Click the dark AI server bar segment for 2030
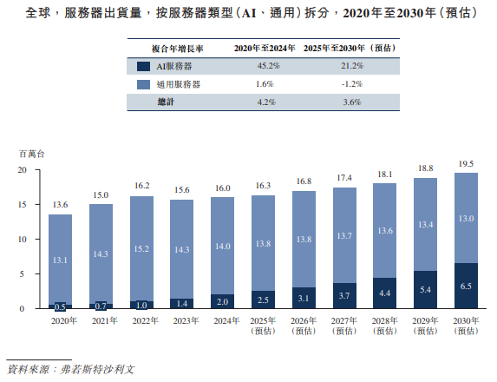coord(466,286)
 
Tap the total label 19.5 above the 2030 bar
coord(466,163)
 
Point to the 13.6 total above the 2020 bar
coord(59,205)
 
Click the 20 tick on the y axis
coord(23,170)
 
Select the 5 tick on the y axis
coord(26,274)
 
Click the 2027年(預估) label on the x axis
coord(343,325)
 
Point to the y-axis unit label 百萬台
coord(31,153)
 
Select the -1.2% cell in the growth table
coord(350,84)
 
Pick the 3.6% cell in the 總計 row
coord(350,102)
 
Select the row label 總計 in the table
coord(166,102)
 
